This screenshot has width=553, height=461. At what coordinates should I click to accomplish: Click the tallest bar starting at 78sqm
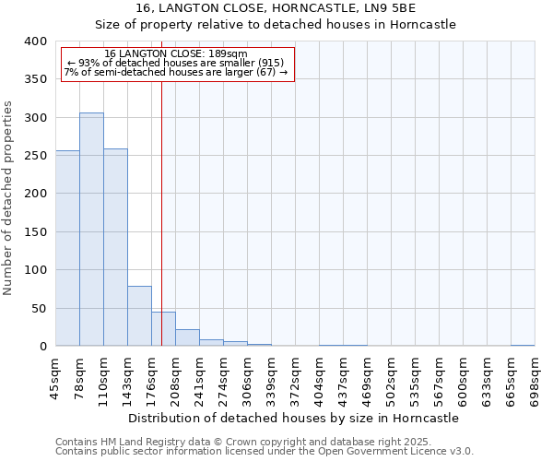pyautogui.click(x=91, y=230)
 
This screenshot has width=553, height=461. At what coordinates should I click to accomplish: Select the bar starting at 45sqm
pyautogui.click(x=67, y=249)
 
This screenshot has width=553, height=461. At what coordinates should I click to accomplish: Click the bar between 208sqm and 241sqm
pyautogui.click(x=187, y=337)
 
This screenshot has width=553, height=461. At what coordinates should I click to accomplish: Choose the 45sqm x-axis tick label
pyautogui.click(x=55, y=378)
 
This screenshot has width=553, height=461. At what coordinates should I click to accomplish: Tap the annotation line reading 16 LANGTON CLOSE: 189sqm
pyautogui.click(x=175, y=54)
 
